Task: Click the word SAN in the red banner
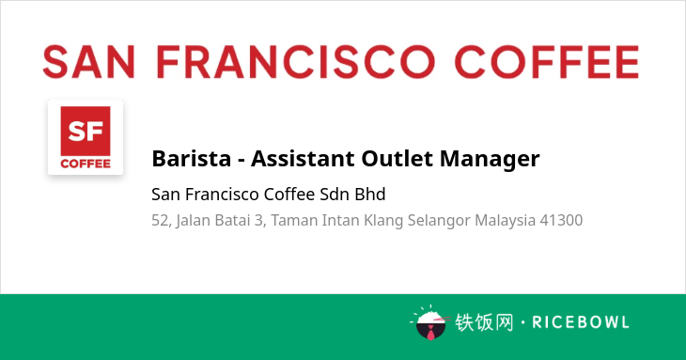pos(89,62)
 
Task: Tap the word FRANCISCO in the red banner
pos(296,62)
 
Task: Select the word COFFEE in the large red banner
pos(547,62)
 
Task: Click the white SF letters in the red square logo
pos(86,131)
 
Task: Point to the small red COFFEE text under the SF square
pos(86,164)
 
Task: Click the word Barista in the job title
pos(191,158)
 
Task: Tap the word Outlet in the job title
pos(397,158)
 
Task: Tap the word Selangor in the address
pos(439,221)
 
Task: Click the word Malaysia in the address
pos(506,221)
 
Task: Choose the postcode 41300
pos(561,221)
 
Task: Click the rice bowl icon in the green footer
pos(431,322)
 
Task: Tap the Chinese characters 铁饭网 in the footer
pos(484,322)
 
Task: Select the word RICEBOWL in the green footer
pos(581,322)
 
